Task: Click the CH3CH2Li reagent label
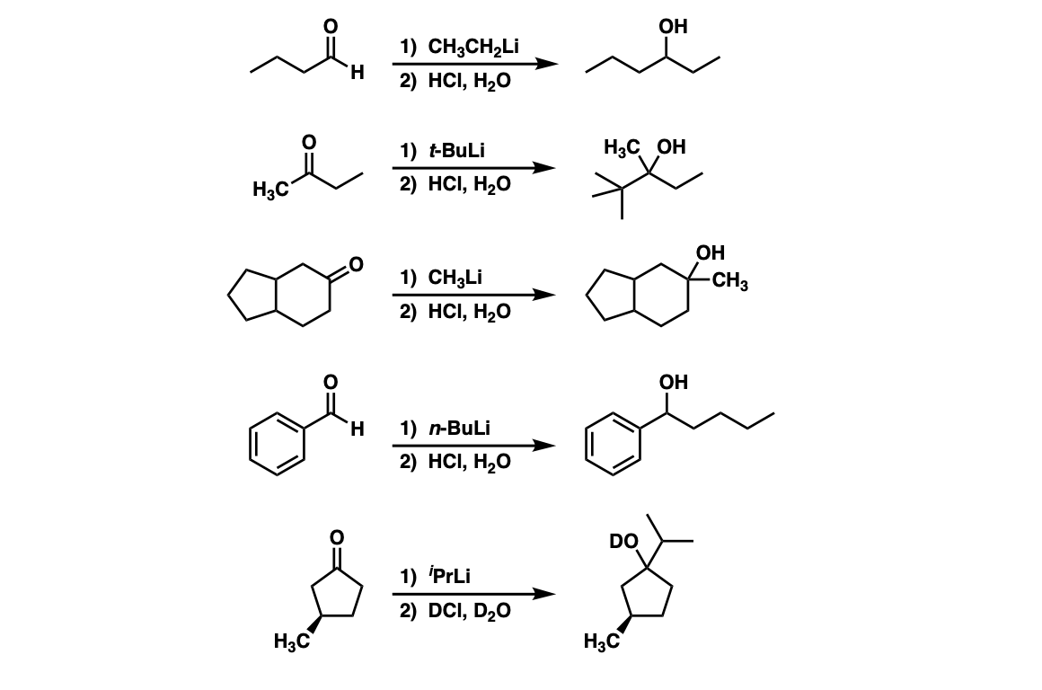click(x=473, y=48)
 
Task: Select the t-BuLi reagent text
click(x=456, y=150)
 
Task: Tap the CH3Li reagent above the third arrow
click(x=455, y=278)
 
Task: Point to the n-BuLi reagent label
click(x=459, y=428)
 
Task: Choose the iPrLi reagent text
click(x=450, y=575)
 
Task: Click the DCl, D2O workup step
click(x=469, y=611)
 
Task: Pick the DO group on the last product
click(x=623, y=542)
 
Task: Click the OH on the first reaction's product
click(x=673, y=26)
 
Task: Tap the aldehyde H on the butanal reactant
click(x=357, y=72)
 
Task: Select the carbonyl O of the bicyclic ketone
click(x=356, y=264)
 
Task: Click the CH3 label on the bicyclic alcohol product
click(x=729, y=281)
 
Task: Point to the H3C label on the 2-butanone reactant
click(x=270, y=190)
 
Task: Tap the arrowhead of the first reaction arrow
click(x=547, y=64)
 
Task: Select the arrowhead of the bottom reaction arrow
click(x=545, y=594)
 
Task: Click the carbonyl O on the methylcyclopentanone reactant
click(x=337, y=535)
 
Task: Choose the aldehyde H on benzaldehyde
click(x=357, y=429)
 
